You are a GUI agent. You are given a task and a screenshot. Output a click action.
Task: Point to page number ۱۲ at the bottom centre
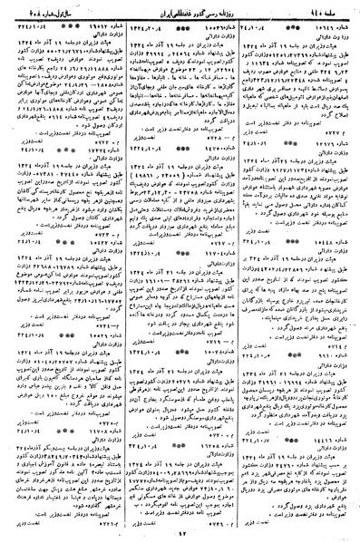180,533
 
